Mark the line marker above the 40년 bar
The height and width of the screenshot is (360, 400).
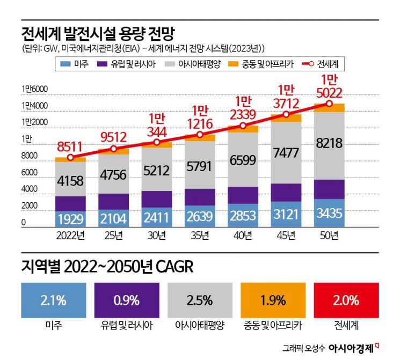pos(243,126)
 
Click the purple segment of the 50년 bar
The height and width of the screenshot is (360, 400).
pos(329,189)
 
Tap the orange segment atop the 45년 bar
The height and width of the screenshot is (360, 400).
pos(286,118)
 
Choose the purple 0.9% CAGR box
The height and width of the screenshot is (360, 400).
pos(126,300)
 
